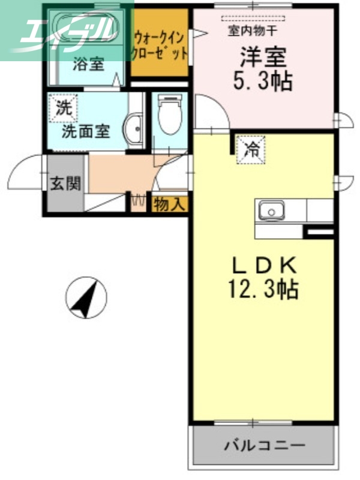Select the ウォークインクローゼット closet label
click(x=160, y=45)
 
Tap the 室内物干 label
click(x=252, y=31)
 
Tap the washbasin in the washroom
click(x=133, y=128)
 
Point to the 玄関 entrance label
click(x=65, y=184)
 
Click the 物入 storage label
click(x=170, y=204)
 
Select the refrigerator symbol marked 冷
click(x=251, y=149)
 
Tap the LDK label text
click(x=264, y=265)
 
